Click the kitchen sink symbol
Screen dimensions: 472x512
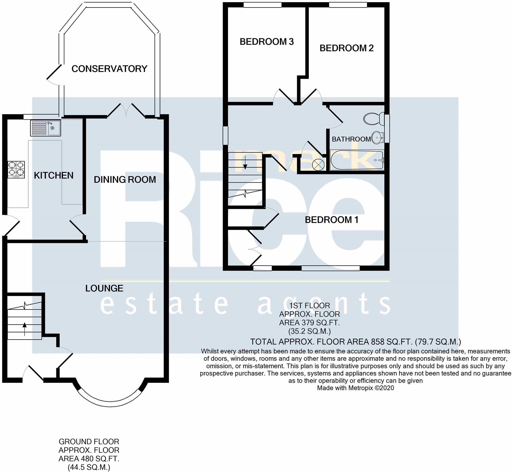tap(46, 128)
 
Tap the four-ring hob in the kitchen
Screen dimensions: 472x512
tap(16, 170)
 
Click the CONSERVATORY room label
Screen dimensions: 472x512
tap(109, 69)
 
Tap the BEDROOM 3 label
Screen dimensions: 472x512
tap(266, 42)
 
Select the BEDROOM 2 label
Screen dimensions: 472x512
tap(346, 48)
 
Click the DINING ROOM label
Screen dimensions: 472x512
tap(125, 180)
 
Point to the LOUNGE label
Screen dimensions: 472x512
tap(104, 288)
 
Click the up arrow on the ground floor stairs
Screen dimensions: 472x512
tap(25, 329)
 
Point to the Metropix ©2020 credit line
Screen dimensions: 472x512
tap(355, 388)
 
